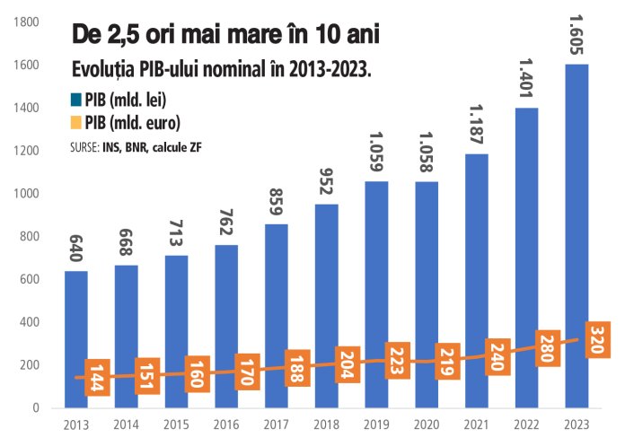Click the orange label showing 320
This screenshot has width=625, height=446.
pos(595,341)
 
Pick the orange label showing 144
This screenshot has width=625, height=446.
pos(94,376)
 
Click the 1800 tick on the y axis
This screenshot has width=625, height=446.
pos(28,22)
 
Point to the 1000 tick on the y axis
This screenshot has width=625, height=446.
pos(28,194)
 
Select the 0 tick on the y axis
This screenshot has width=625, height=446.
pos(36,408)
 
